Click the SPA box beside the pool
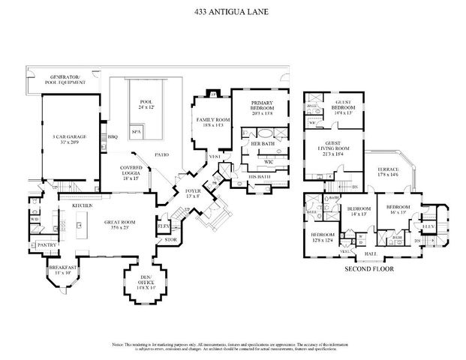click(136, 131)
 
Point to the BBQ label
click(113, 137)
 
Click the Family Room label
click(211, 123)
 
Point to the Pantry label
click(47, 245)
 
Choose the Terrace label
click(388, 173)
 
